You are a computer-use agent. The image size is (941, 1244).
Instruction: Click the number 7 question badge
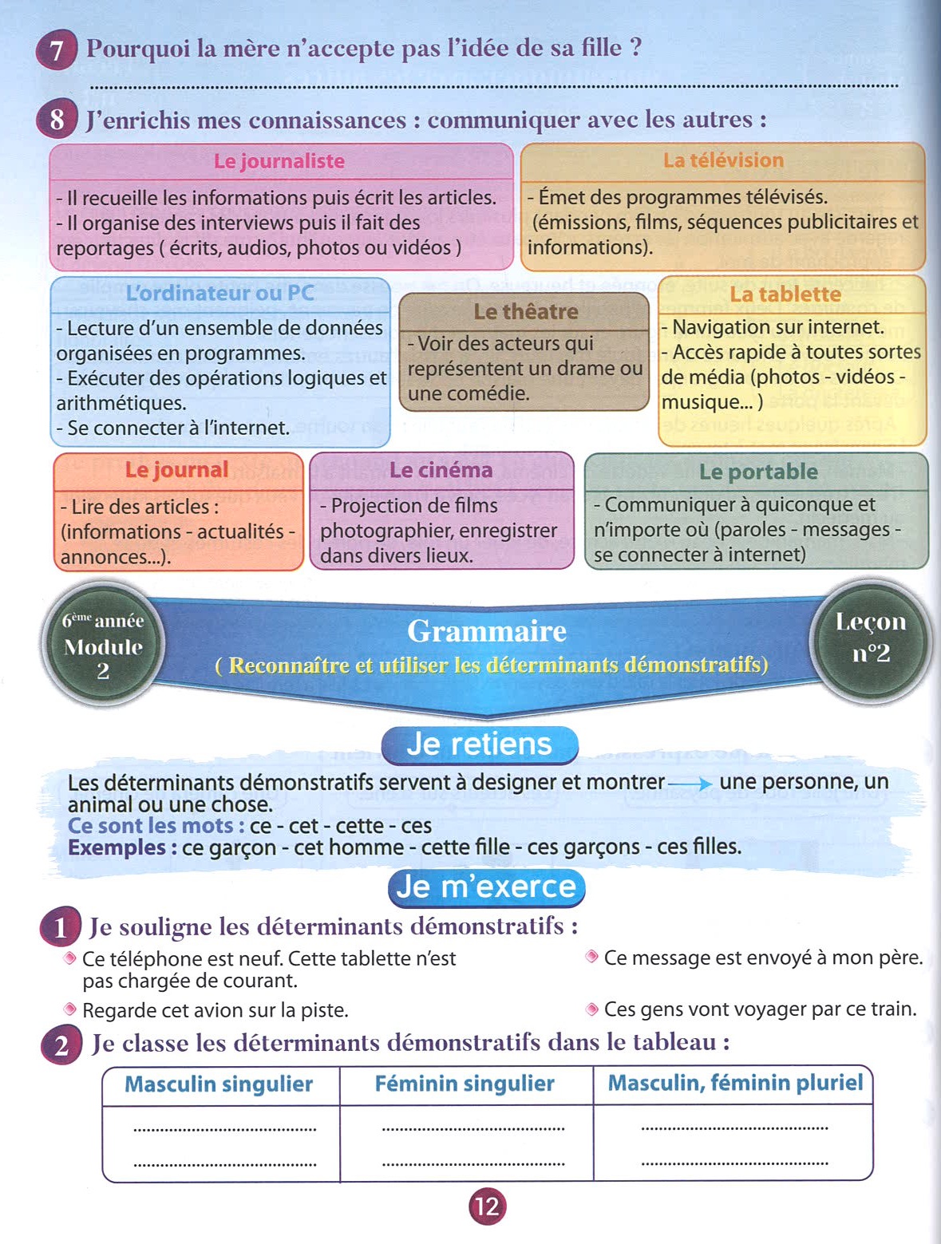click(56, 50)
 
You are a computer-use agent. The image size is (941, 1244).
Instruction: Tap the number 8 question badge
click(56, 120)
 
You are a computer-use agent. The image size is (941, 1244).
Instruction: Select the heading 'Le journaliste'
click(279, 161)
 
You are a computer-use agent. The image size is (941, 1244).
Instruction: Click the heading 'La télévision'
click(723, 160)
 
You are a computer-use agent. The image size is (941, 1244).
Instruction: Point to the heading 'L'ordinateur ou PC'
click(219, 293)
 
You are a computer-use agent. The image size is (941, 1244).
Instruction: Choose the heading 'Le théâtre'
click(525, 311)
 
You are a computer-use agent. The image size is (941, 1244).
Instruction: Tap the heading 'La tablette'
click(785, 294)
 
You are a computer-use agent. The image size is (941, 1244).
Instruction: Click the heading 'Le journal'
click(176, 470)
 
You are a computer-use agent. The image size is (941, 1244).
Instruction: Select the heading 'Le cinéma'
click(441, 470)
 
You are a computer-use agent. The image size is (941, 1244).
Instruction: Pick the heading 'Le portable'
click(758, 472)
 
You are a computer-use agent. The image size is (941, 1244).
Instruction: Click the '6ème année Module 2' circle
click(103, 645)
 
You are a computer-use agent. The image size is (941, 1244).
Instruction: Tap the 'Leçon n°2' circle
click(870, 638)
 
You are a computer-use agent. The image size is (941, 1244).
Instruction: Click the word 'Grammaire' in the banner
click(487, 631)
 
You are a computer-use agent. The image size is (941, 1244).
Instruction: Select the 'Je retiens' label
click(479, 744)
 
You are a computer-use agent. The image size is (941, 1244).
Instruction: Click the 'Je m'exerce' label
click(486, 887)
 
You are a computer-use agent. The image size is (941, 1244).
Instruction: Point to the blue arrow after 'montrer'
click(690, 784)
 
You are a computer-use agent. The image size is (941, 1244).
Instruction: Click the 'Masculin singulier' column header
click(219, 1084)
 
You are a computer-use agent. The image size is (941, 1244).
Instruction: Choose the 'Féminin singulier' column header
click(465, 1084)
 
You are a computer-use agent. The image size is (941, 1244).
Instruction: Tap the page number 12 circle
click(487, 1206)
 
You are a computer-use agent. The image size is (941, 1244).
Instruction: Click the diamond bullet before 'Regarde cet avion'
click(70, 1009)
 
